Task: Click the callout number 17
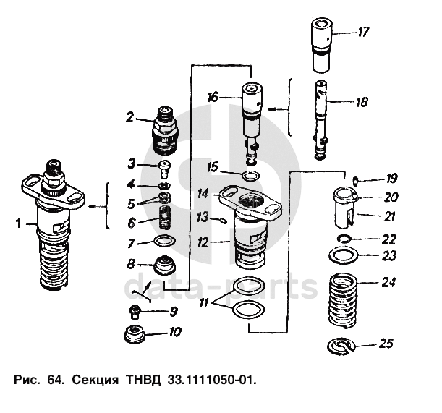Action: click(x=362, y=32)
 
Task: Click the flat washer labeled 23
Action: click(x=344, y=256)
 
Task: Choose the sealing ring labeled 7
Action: click(x=165, y=242)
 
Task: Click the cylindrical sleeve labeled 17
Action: click(x=320, y=45)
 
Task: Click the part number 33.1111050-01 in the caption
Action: click(x=212, y=378)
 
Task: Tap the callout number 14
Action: click(x=203, y=194)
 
